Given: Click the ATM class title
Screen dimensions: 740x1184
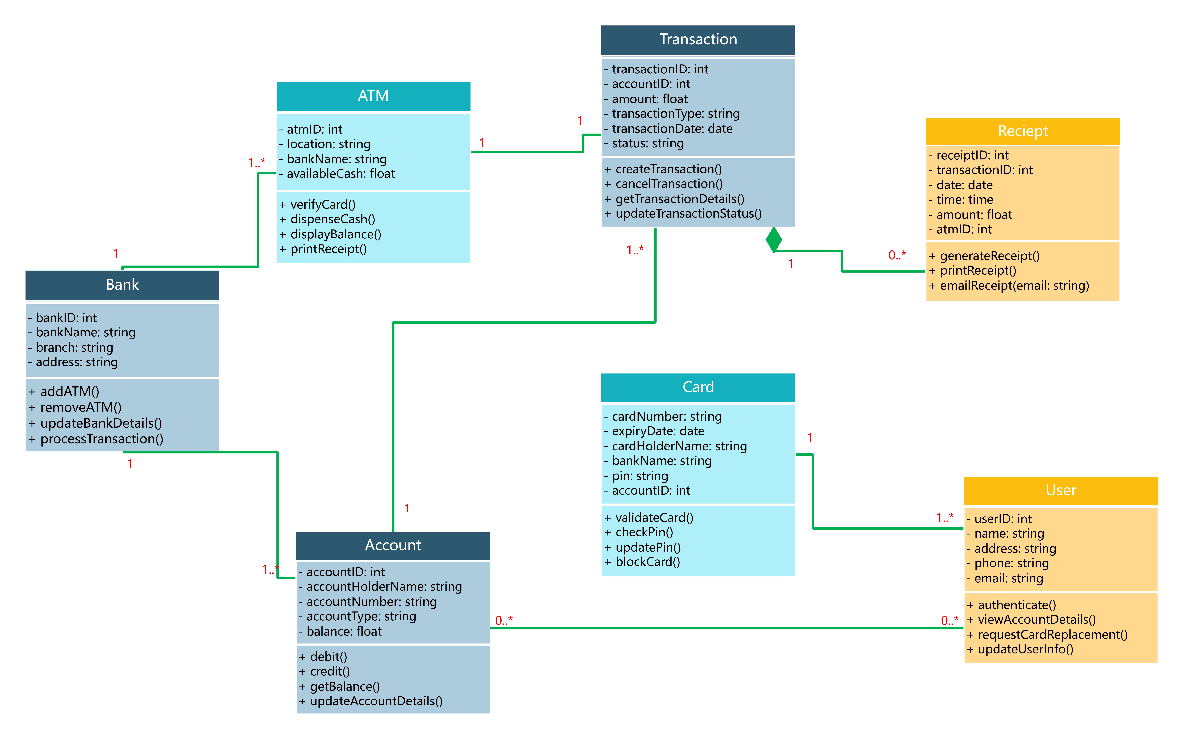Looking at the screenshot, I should click(x=373, y=95).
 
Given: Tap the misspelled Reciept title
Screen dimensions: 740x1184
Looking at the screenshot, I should click(x=1023, y=131).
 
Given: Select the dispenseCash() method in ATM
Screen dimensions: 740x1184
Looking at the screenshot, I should click(x=333, y=219).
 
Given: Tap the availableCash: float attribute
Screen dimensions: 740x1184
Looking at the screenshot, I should click(x=341, y=174).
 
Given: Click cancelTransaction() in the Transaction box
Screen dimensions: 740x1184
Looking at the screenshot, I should click(x=669, y=184).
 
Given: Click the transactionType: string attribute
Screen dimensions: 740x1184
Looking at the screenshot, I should click(x=675, y=114).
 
